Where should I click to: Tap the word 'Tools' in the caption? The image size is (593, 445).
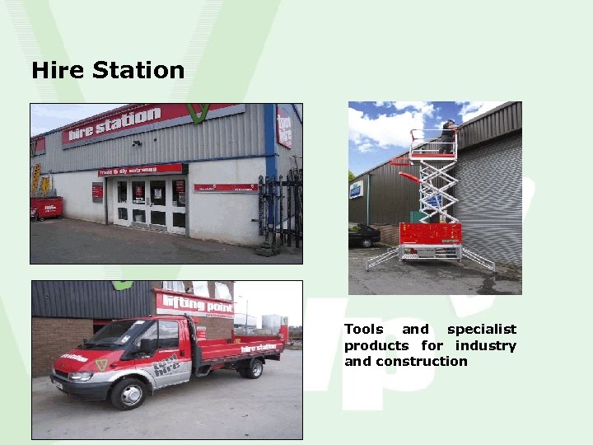coord(363,330)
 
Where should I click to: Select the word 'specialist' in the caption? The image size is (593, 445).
coord(482,330)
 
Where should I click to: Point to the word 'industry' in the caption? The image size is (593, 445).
coord(485,345)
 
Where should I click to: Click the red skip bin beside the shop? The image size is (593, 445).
coord(46,207)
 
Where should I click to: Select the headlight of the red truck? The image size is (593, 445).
coord(82,376)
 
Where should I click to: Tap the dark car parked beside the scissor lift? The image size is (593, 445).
coord(364,235)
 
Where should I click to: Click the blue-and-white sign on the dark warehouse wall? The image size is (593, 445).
coord(356,190)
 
